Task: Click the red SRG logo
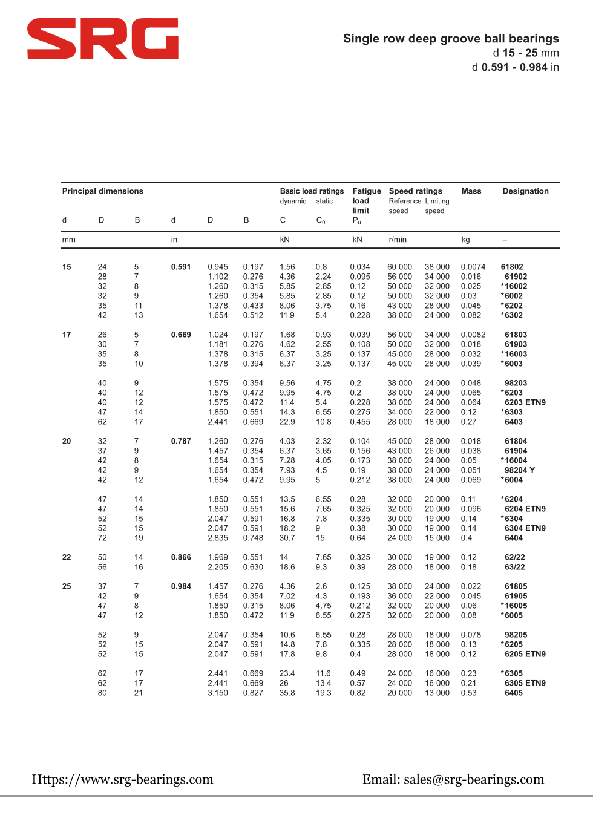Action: click(x=102, y=39)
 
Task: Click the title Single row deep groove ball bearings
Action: click(x=451, y=39)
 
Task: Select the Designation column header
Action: click(x=525, y=191)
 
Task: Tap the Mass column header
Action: click(x=471, y=191)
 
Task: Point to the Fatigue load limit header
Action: click(x=367, y=201)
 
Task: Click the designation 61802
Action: click(x=512, y=267)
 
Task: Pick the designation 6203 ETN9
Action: click(x=525, y=402)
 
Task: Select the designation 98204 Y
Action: click(x=520, y=470)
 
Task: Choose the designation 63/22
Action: click(x=515, y=567)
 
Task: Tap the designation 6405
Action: click(x=514, y=693)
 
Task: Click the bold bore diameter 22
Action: click(x=67, y=557)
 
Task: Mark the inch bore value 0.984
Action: click(x=181, y=586)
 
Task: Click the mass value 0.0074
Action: click(x=473, y=267)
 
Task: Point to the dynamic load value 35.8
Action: click(x=287, y=693)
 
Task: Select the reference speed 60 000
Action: click(x=399, y=267)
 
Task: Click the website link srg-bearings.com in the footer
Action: click(x=123, y=779)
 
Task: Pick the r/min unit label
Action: click(x=398, y=240)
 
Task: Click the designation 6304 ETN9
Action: click(x=525, y=528)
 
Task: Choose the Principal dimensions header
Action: click(x=103, y=191)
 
